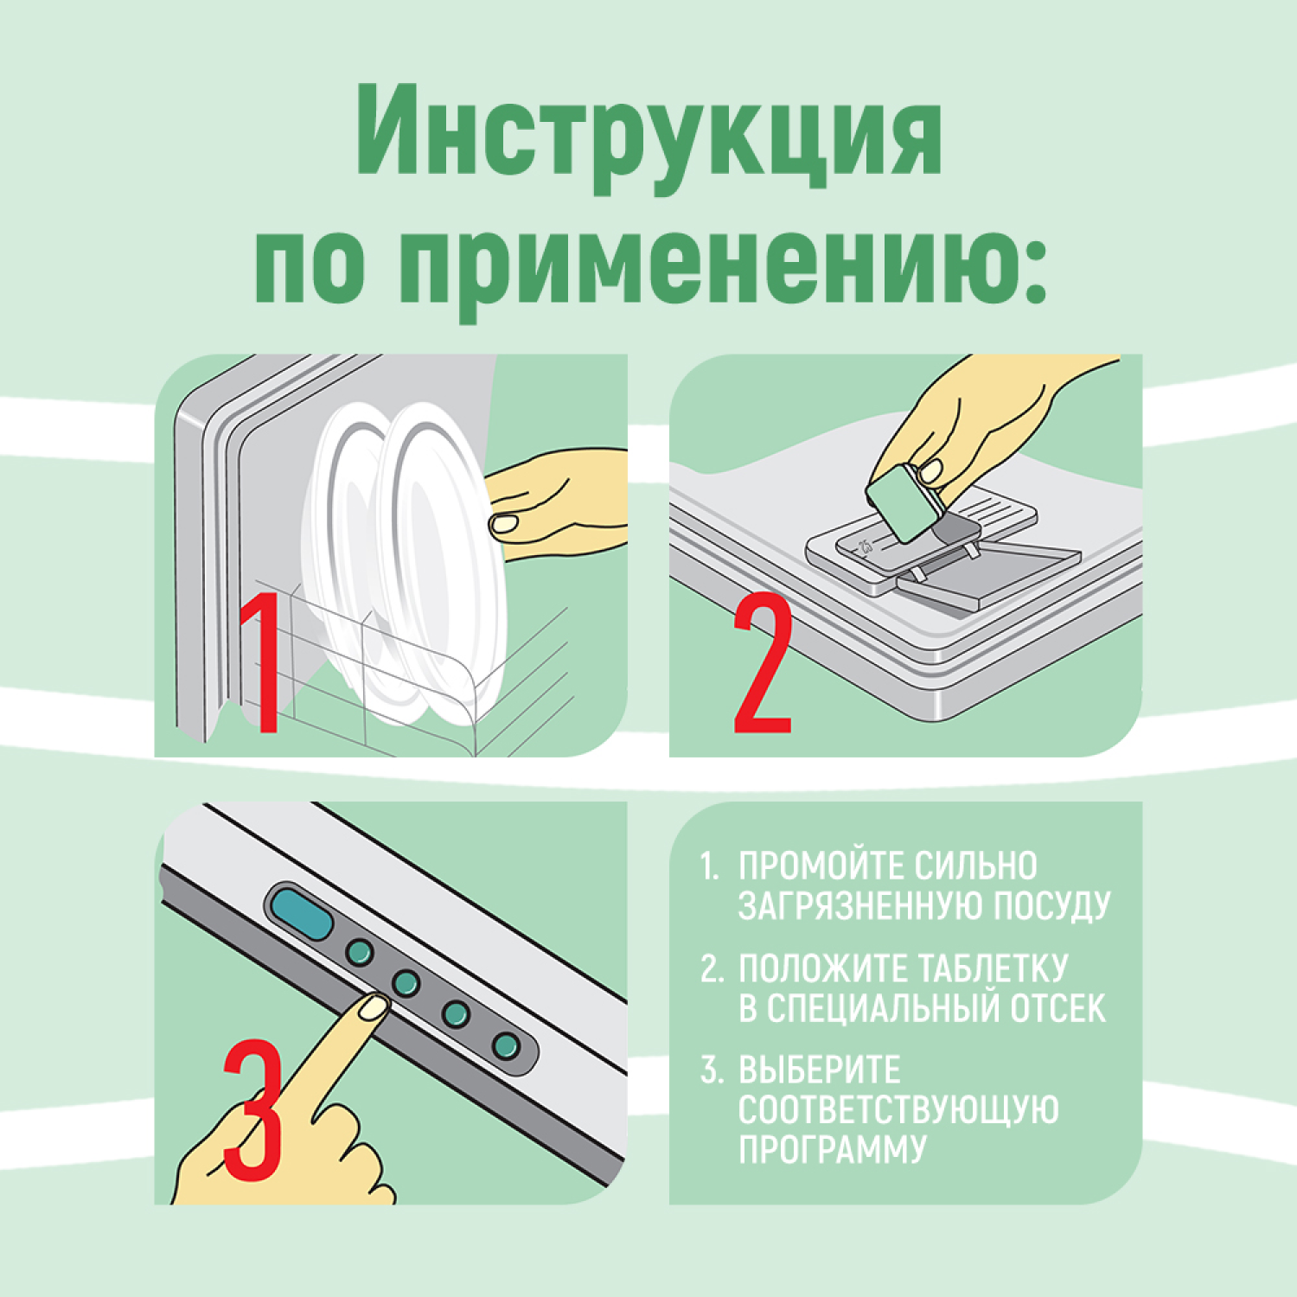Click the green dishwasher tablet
[x=899, y=504]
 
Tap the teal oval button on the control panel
[x=302, y=913]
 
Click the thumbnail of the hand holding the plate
[x=503, y=523]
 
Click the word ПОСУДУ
[x=1051, y=905]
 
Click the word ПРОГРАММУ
[x=833, y=1149]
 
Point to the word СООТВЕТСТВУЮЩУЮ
[x=898, y=1110]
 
